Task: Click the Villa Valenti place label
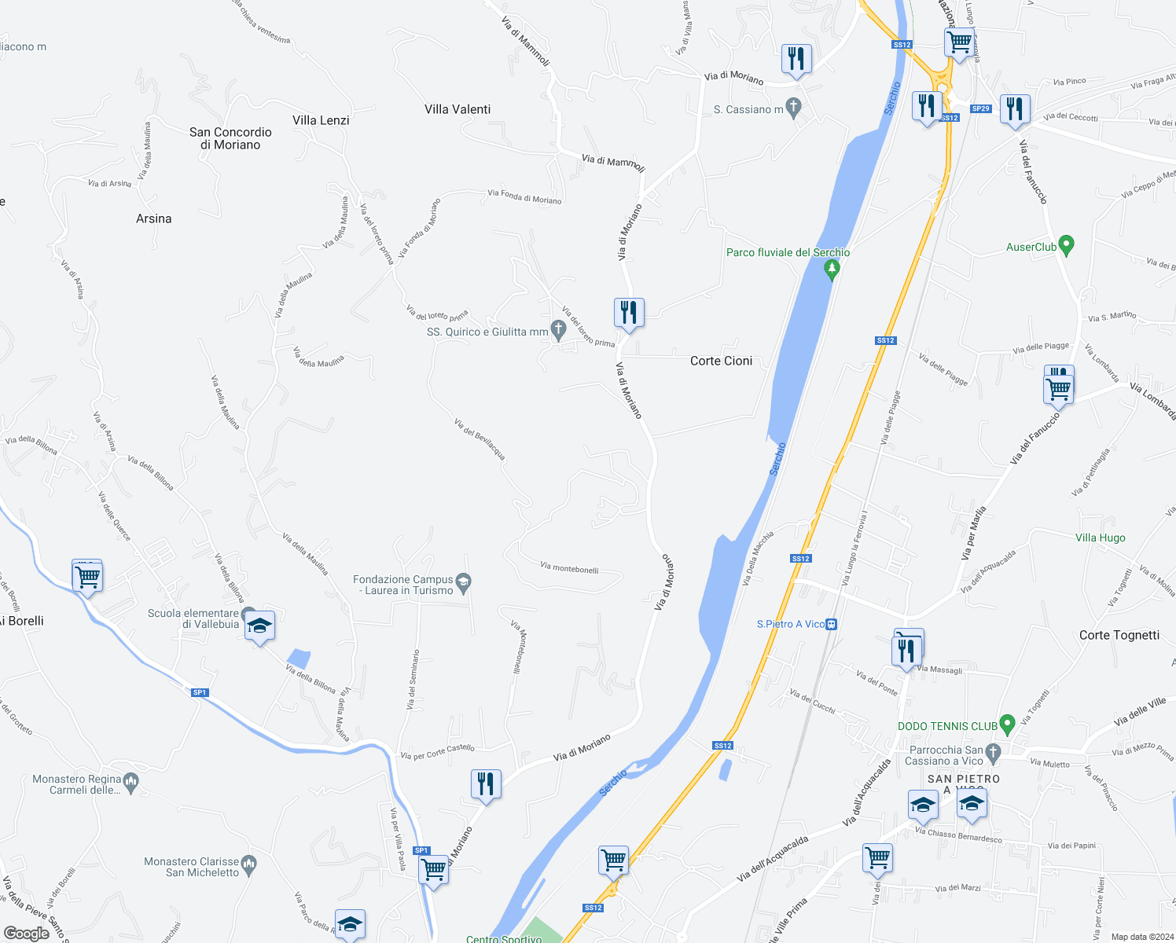458,109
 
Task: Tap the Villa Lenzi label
321,120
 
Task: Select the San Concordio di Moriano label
230,138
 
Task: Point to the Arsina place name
153,218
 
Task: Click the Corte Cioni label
721,361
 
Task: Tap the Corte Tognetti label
1119,635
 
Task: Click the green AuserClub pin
1067,245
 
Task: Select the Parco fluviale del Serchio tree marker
832,270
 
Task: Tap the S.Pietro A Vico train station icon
832,624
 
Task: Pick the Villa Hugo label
1100,538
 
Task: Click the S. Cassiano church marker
793,108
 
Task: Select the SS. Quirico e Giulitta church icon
559,330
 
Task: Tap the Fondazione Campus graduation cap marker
464,582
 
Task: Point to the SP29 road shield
980,108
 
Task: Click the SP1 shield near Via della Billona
200,692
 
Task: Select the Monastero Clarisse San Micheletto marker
249,864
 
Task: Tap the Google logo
26,934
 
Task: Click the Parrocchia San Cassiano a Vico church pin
993,752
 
